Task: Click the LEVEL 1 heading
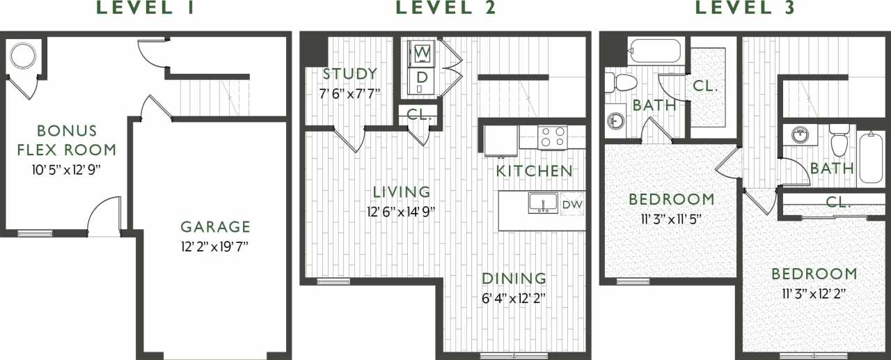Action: pos(145,9)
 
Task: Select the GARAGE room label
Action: pos(215,226)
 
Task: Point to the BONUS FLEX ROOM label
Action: pos(67,140)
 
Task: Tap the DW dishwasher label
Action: pos(572,204)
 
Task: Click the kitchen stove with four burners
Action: pos(553,136)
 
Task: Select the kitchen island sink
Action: pos(542,203)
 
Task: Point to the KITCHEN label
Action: pos(535,171)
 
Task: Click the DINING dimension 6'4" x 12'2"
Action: pos(514,298)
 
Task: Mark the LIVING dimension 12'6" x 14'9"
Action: pos(401,212)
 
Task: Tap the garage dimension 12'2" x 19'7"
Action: pos(215,246)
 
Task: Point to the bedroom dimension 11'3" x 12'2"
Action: pos(813,293)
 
